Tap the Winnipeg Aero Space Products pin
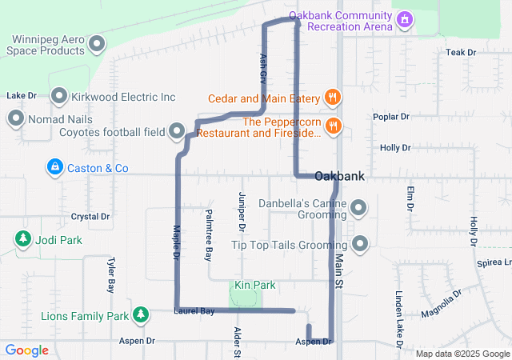tap(98, 43)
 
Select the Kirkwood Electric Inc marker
tap(60, 98)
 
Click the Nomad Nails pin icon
tap(15, 120)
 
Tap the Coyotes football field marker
tap(177, 130)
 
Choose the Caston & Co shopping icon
tap(54, 168)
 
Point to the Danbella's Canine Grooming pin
tap(359, 210)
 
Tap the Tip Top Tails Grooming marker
tap(361, 243)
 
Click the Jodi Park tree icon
tap(22, 239)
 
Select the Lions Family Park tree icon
tap(141, 314)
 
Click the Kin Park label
tap(254, 285)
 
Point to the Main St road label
tap(338, 272)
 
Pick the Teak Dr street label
tap(461, 52)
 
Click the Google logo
tap(27, 350)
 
